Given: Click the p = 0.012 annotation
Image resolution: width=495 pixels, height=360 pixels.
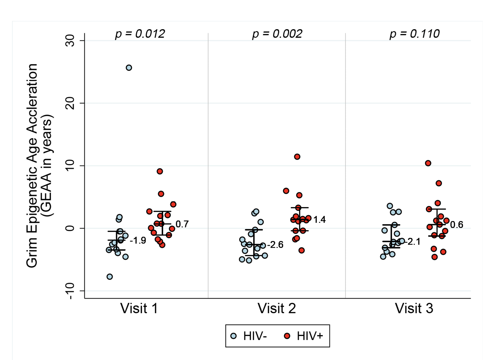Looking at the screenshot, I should [x=140, y=34].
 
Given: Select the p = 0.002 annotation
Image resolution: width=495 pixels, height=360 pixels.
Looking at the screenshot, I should [x=277, y=34].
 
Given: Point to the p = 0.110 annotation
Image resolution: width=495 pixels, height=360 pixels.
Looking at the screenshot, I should [x=414, y=34].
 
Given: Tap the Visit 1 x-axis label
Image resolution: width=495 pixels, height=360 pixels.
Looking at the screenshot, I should [x=139, y=308].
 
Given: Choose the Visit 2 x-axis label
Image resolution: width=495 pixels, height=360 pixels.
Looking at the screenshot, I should [x=276, y=308].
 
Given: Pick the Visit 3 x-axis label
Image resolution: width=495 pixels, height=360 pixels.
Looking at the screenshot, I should [x=414, y=308].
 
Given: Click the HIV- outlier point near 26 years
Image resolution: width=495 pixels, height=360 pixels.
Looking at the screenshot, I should [x=129, y=68].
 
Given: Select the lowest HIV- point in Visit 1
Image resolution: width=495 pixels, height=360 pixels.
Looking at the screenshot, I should [x=110, y=277].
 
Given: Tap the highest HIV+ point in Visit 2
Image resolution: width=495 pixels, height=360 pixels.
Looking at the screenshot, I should [x=297, y=157].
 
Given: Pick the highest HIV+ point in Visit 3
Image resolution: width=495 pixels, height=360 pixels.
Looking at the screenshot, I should [x=428, y=163].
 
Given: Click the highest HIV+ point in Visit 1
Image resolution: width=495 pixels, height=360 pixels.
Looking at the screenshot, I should [x=160, y=171].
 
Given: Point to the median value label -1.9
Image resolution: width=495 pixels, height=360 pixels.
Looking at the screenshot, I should [x=138, y=241].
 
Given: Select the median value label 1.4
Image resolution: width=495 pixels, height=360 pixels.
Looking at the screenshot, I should [x=319, y=220].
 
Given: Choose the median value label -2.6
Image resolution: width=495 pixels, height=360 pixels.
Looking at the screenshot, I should [x=275, y=245].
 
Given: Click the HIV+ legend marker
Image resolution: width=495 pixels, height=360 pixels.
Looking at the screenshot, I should [x=287, y=336].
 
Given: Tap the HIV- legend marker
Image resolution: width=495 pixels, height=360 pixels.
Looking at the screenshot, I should [x=234, y=336].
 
